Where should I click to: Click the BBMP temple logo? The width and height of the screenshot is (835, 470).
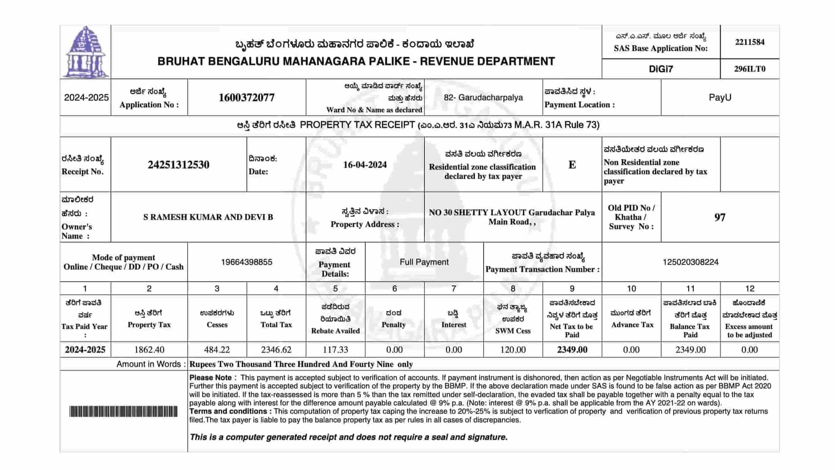[x=85, y=52]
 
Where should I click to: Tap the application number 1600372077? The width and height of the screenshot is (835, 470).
[x=246, y=97]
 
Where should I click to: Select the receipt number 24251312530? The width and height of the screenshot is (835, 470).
[x=179, y=165]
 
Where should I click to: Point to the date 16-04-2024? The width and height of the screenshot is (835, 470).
[x=365, y=165]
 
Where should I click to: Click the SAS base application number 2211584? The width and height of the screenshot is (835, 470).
[x=749, y=42]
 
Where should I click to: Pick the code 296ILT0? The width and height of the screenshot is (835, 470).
[x=749, y=69]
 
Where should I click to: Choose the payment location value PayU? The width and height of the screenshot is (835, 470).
[x=720, y=97]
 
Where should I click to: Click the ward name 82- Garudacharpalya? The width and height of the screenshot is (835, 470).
[x=483, y=97]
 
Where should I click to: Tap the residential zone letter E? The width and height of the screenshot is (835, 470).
[x=572, y=165]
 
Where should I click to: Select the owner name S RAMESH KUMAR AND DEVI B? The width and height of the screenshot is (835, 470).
[x=208, y=217]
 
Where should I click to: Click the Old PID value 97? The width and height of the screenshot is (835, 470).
[x=720, y=217]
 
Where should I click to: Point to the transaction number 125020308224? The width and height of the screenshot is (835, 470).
[x=691, y=262]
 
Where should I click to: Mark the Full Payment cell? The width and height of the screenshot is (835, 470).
[x=424, y=262]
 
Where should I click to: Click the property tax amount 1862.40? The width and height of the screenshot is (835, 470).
[x=149, y=350]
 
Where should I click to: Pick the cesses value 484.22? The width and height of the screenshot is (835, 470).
[x=217, y=350]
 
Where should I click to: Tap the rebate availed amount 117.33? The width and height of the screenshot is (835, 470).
[x=335, y=350]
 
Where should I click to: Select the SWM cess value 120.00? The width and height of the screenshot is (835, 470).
[x=513, y=350]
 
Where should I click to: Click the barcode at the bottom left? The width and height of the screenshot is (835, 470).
[x=124, y=411]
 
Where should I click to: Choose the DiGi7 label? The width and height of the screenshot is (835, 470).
[x=661, y=69]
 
